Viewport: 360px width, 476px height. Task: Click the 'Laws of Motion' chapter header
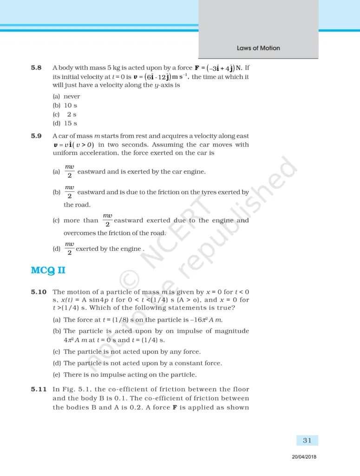(x=258, y=48)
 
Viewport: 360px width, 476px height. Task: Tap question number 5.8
(x=36, y=68)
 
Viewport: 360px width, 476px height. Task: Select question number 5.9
(x=36, y=136)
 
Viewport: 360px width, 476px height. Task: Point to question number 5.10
(x=39, y=292)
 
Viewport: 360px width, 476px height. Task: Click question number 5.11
(x=39, y=389)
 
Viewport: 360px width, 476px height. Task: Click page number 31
(x=307, y=440)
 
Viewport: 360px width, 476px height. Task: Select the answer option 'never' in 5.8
(x=72, y=96)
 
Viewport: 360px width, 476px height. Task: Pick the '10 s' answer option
(x=71, y=106)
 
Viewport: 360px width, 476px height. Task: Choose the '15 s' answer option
(x=71, y=123)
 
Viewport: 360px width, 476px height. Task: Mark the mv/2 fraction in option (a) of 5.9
(x=69, y=171)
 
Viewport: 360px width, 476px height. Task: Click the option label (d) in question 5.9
(x=57, y=249)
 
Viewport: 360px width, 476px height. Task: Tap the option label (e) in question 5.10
(x=57, y=375)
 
